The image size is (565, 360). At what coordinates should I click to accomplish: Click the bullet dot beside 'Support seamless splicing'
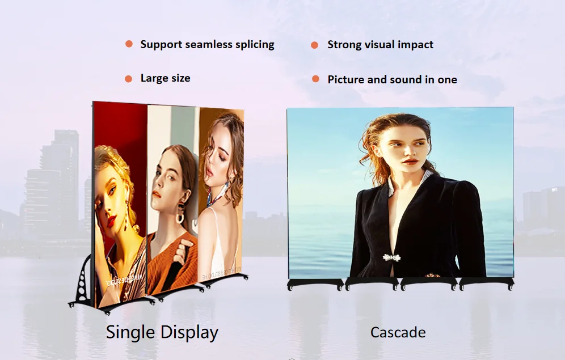pyautogui.click(x=129, y=44)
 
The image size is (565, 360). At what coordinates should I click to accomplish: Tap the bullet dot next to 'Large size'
pyautogui.click(x=129, y=79)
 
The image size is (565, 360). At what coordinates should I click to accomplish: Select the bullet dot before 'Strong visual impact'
pyautogui.click(x=315, y=45)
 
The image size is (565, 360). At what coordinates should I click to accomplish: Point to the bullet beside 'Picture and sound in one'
pyautogui.click(x=315, y=79)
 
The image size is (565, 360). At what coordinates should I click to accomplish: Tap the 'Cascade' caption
pyautogui.click(x=398, y=332)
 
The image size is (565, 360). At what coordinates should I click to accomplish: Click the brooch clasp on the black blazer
pyautogui.click(x=391, y=257)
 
